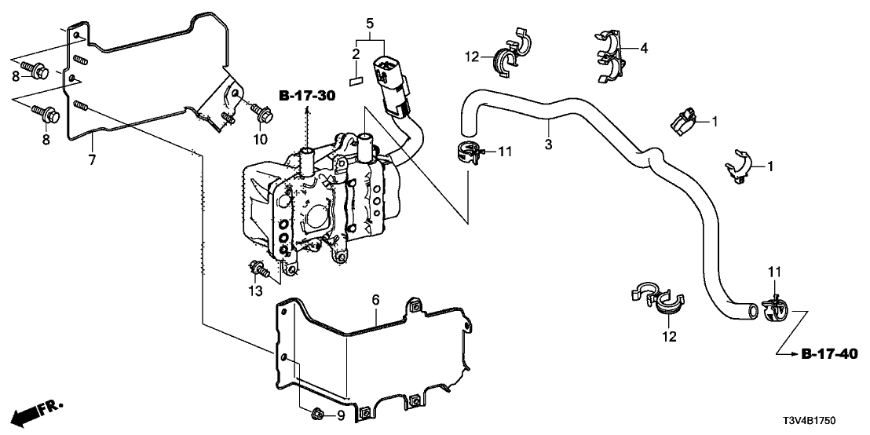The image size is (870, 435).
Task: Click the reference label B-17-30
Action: point(306,97)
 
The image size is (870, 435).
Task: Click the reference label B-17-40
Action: point(828,355)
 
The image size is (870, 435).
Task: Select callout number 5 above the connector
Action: point(369,24)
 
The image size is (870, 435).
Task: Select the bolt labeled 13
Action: point(258,270)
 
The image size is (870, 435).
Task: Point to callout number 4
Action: point(644,49)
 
